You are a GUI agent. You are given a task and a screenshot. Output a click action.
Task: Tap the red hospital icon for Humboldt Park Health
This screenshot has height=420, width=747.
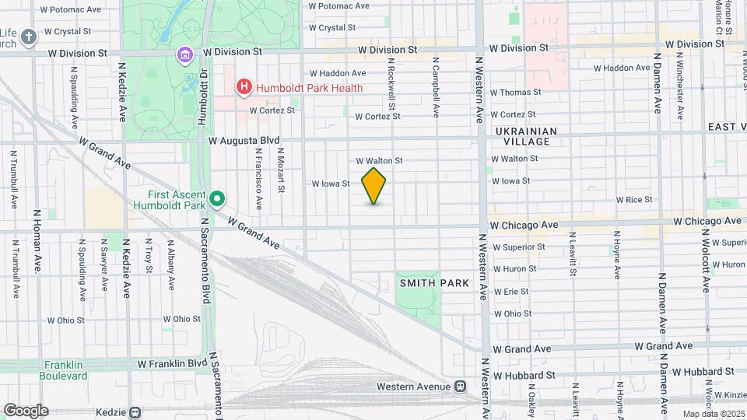tap(244, 87)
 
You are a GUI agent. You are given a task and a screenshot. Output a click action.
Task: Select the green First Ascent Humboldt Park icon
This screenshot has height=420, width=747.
tap(217, 200)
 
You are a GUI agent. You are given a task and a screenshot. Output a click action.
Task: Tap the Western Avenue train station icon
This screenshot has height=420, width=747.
tap(461, 386)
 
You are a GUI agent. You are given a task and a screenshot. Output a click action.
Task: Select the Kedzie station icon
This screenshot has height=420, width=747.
tap(135, 412)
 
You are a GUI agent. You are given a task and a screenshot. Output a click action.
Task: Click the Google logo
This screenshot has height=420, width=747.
tap(26, 410)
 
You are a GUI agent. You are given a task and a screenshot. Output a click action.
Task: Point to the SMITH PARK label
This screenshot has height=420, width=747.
tap(434, 283)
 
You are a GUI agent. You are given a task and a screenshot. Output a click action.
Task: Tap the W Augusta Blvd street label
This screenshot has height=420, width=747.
tap(244, 141)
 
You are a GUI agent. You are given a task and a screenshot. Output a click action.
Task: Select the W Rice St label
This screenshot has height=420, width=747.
tap(634, 200)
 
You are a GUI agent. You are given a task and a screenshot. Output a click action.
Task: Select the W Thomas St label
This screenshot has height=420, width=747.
tap(515, 92)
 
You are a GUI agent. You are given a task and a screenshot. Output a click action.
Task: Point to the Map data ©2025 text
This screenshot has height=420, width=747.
tap(712, 414)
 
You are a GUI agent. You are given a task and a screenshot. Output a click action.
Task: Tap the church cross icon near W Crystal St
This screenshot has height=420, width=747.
tap(28, 37)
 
